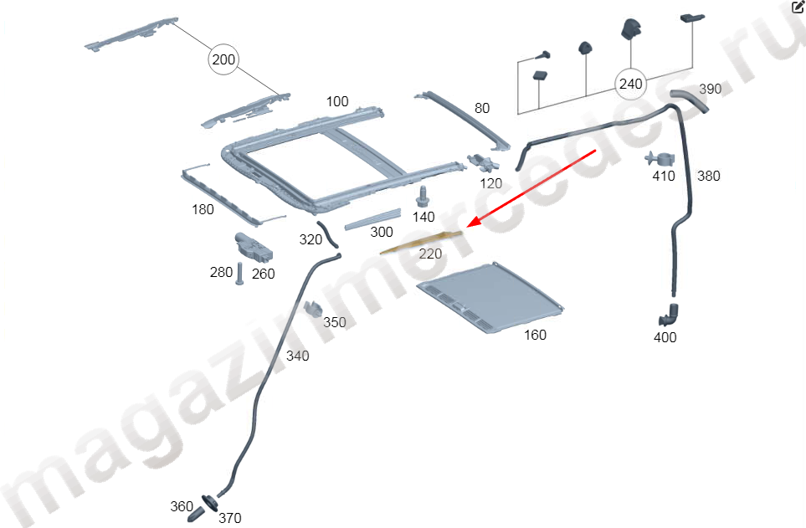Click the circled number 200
[223, 59]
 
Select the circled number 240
[631, 84]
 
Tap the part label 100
[337, 102]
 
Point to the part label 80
[482, 108]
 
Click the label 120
[491, 183]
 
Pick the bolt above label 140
[423, 197]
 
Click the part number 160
[535, 335]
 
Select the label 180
[203, 210]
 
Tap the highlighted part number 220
[430, 254]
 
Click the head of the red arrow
[468, 226]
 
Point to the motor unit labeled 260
[254, 247]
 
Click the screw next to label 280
[239, 274]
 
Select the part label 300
[382, 233]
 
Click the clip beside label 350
[312, 307]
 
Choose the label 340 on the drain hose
[298, 356]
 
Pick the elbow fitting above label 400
[668, 315]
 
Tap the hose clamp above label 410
[660, 159]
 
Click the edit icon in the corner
[798, 7]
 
